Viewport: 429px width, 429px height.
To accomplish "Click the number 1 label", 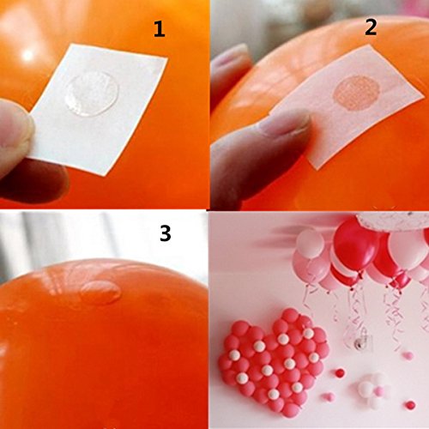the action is [160, 30].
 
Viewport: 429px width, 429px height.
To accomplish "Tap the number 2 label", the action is [371, 27].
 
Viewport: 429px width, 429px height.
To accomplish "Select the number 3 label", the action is [166, 233].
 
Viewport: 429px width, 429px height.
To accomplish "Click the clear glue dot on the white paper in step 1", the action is [92, 94].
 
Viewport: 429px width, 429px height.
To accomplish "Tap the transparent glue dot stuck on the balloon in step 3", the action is [100, 292].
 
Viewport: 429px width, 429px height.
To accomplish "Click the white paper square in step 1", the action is [99, 109].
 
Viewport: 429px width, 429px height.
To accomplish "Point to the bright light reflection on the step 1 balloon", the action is [27, 55].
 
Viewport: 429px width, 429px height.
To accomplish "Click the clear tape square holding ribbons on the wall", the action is [361, 341].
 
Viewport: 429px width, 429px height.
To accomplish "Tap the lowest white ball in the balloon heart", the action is [274, 394].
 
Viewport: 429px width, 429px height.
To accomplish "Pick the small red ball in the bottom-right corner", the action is [410, 405].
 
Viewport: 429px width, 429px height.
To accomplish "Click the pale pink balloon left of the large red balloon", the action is [311, 243].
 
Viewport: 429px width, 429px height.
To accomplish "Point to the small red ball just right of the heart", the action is [340, 373].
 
